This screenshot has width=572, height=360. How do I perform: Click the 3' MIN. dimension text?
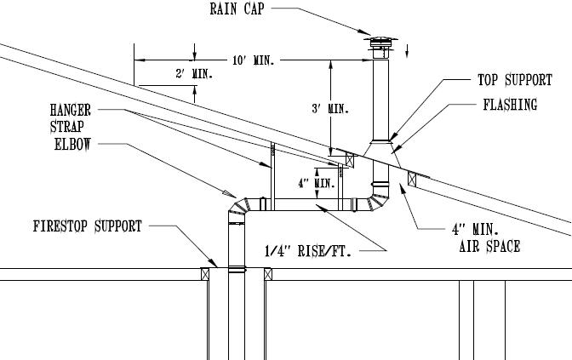click(329, 108)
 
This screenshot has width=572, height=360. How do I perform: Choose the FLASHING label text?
click(510, 106)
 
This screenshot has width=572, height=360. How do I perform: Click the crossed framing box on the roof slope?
click(413, 179)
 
